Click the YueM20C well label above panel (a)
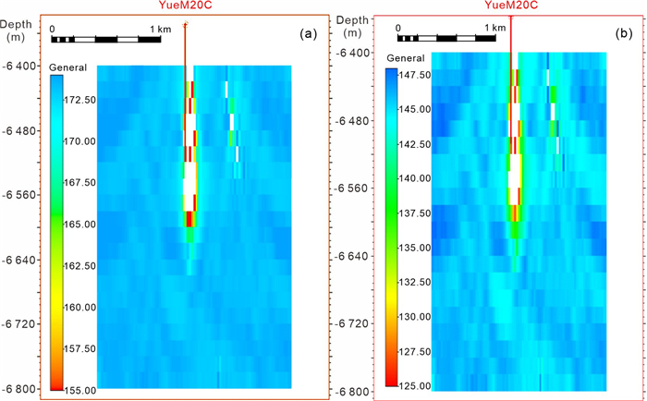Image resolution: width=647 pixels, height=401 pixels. (x=186, y=6)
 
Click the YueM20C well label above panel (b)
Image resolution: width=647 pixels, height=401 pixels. (x=511, y=6)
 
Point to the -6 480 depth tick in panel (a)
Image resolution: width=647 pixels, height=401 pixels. (x=19, y=130)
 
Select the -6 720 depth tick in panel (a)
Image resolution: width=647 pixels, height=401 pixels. (x=19, y=324)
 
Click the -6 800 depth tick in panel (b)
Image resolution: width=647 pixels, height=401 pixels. (x=354, y=392)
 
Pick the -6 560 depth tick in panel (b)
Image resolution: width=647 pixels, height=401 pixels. (x=354, y=188)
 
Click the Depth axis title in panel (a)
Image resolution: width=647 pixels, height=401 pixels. (x=18, y=20)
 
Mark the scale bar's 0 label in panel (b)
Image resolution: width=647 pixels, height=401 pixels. (x=397, y=28)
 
